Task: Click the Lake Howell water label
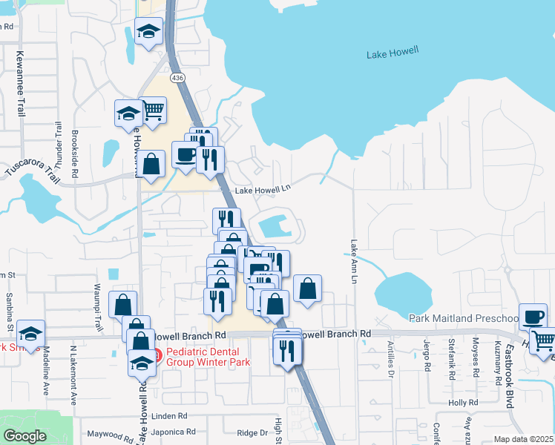393,53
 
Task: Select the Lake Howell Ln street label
262,191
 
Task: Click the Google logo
24,436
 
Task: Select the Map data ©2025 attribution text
522,439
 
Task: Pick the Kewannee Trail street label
21,82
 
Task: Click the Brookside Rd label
75,154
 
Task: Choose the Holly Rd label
462,403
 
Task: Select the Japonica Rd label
173,432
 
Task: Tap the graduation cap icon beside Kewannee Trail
128,113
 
